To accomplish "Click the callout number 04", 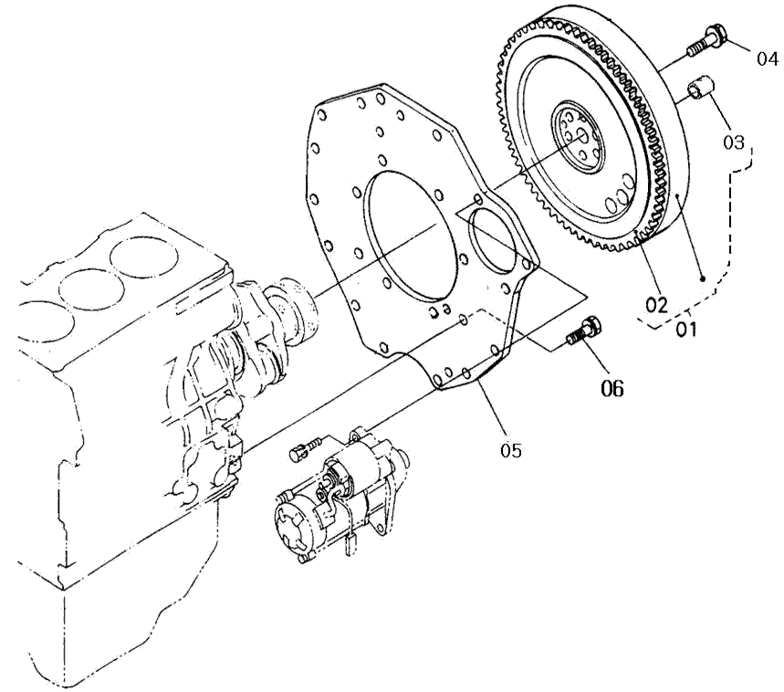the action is click(x=767, y=58).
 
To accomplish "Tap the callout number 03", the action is click(x=734, y=142).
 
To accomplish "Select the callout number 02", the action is click(x=656, y=305).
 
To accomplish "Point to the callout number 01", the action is click(x=686, y=330).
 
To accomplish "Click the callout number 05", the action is click(x=510, y=450).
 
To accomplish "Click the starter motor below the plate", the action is click(x=340, y=495).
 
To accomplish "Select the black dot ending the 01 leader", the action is click(x=703, y=278).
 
